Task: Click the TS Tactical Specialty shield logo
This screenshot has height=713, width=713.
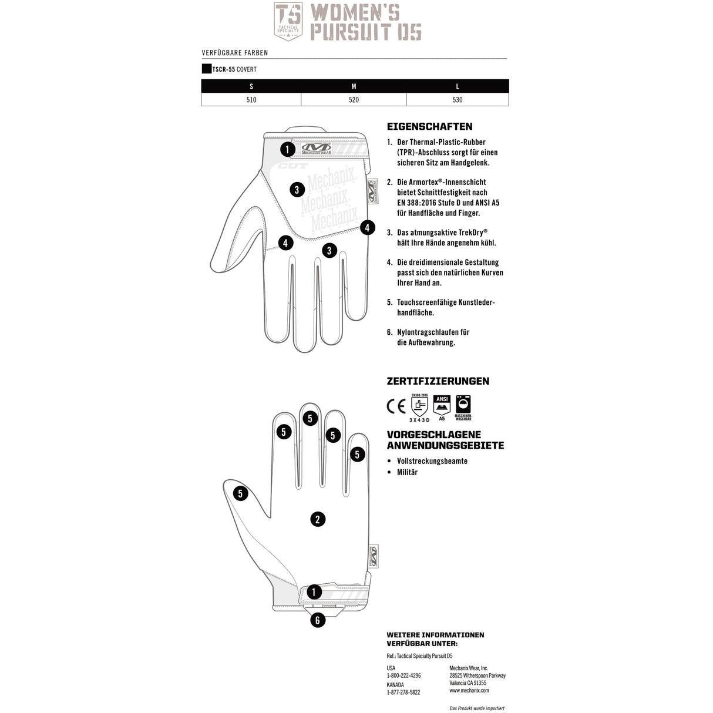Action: point(288,21)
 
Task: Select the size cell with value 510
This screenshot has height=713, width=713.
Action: point(251,100)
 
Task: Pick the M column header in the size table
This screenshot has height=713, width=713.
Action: point(354,86)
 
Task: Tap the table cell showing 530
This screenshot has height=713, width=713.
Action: point(458,100)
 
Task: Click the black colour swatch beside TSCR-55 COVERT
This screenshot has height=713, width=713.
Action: point(206,69)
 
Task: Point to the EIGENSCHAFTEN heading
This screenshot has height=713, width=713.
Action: point(429,126)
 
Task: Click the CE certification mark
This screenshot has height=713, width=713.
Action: point(396,406)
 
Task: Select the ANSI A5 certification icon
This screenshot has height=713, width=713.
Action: point(442,406)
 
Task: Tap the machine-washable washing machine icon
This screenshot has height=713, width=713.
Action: point(463,405)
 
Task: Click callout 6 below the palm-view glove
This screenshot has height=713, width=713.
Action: point(318,620)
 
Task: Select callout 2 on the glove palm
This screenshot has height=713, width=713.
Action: point(318,519)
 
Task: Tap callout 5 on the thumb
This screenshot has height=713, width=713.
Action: point(240,493)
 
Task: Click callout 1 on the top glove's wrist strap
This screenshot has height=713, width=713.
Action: point(287,149)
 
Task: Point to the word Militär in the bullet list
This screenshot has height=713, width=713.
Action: point(407,472)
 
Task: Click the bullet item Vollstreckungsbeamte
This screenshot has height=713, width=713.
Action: point(432,461)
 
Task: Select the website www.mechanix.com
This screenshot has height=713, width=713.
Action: point(469,691)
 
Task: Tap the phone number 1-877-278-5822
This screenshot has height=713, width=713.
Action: point(403,692)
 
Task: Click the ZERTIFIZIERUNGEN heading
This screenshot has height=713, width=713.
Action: point(438,381)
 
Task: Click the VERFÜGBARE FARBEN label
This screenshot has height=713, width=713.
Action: point(235,53)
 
